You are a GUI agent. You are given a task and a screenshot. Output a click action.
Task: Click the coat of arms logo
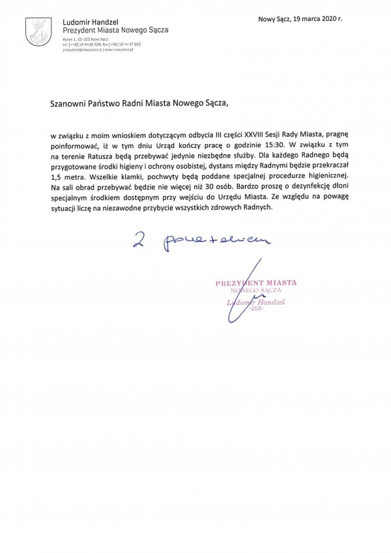click(x=35, y=31)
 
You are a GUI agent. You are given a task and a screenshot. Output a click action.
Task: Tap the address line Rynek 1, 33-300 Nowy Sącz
click(x=85, y=39)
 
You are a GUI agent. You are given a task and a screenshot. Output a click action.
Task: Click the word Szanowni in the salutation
click(x=70, y=102)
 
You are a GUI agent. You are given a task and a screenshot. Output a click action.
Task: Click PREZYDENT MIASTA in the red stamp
click(x=255, y=283)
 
